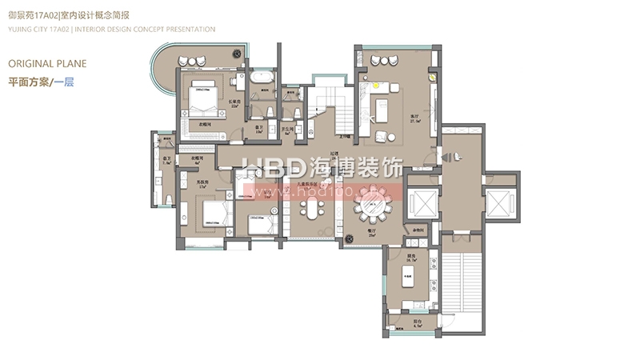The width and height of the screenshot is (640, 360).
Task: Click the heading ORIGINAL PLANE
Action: [x=46, y=63]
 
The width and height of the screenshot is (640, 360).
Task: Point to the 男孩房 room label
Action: [x=182, y=181]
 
